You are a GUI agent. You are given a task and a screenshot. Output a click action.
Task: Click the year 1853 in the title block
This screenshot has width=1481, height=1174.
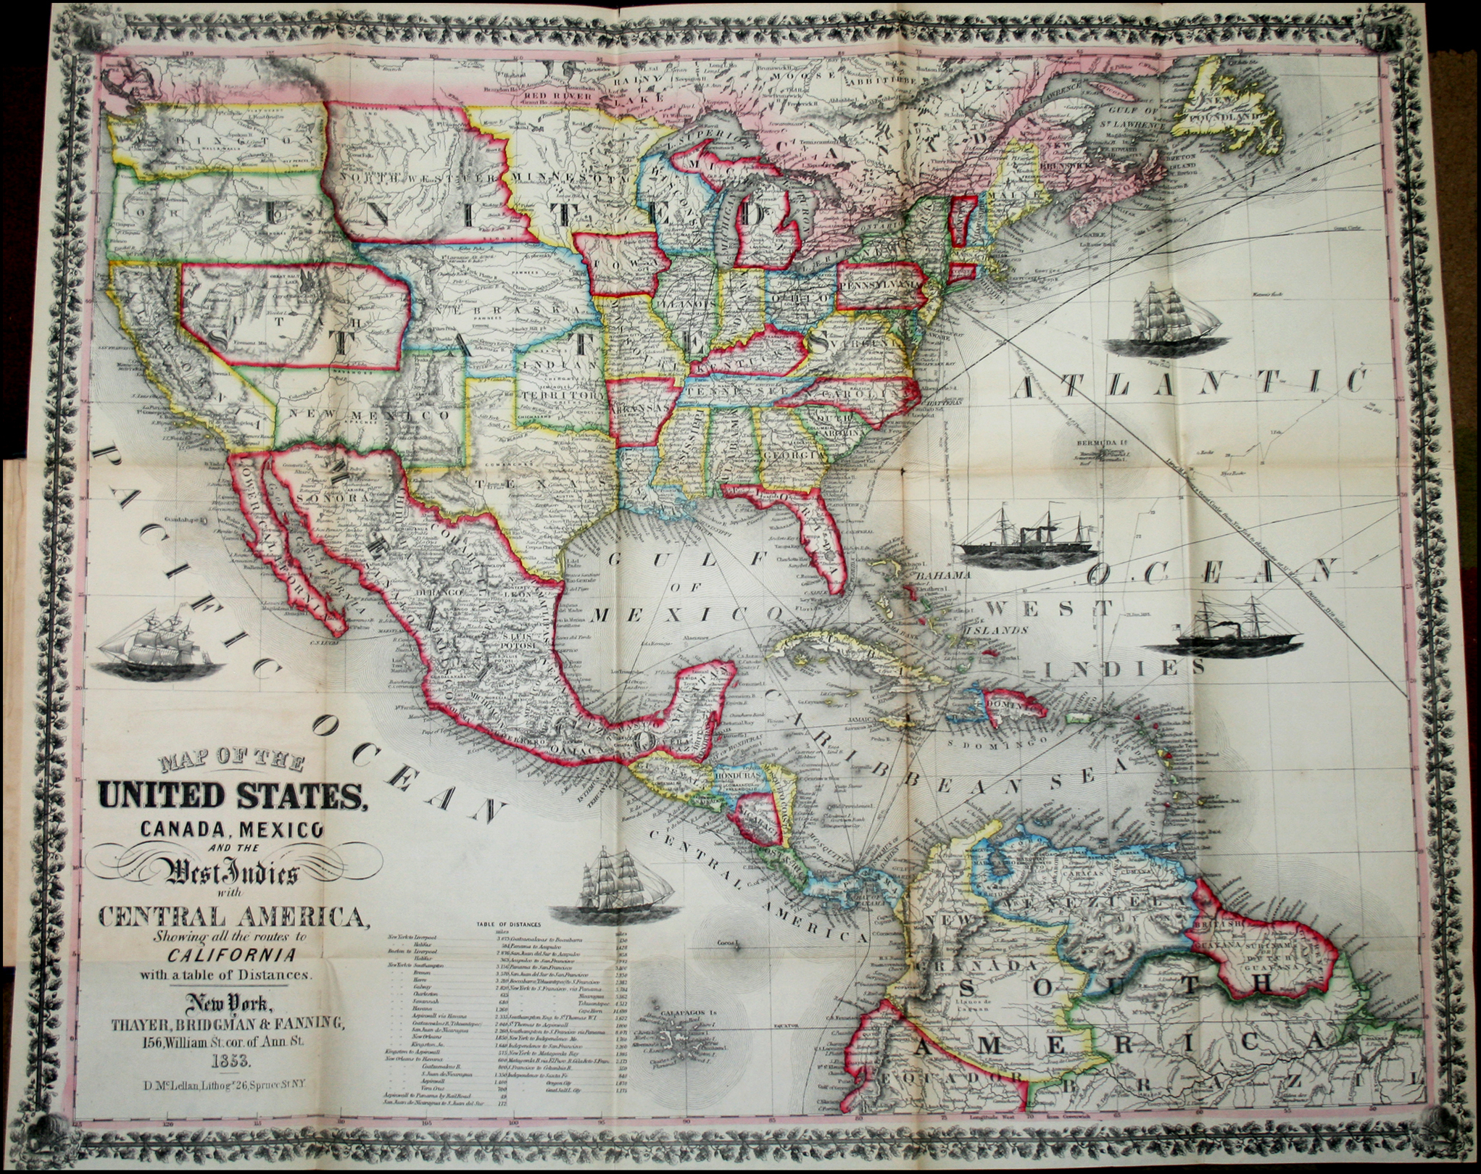[x=228, y=1062]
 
